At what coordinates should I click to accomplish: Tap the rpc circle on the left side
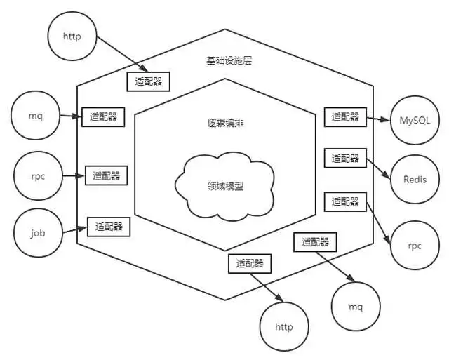39,176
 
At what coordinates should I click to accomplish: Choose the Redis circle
415,179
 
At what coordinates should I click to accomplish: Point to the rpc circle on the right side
413,245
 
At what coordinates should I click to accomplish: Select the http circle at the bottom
283,326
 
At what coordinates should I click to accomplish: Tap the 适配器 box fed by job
109,226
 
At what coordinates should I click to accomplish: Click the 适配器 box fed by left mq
103,116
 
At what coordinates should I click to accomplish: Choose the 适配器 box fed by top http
148,81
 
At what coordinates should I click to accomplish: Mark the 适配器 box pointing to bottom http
250,264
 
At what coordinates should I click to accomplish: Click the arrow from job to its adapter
75,228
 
